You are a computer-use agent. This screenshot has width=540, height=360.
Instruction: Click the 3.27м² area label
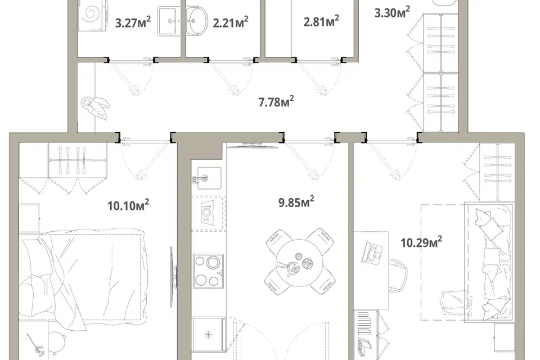(133, 22)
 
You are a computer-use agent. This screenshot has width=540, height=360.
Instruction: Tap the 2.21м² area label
(231, 22)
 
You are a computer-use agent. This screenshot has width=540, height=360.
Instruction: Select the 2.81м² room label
(321, 21)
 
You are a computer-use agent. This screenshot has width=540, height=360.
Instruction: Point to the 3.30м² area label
(392, 12)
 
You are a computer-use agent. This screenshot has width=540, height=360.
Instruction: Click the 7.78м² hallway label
(276, 102)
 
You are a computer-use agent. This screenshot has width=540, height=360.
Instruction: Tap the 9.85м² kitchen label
(296, 202)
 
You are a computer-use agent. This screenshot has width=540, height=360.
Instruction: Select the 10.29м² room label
(421, 242)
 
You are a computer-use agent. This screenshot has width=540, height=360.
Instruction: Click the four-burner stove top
(208, 271)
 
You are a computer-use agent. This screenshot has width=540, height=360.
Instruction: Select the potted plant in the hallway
(94, 107)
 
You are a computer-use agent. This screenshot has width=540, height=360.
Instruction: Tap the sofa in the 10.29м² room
(489, 263)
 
